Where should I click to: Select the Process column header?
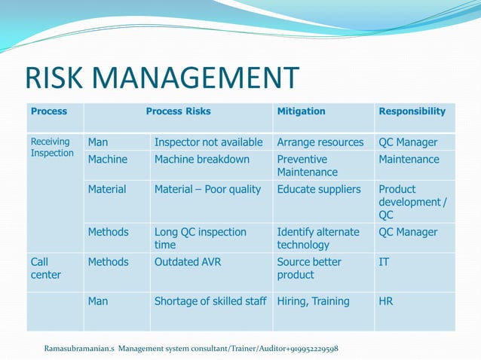tap(49, 111)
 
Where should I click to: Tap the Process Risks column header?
tap(178, 111)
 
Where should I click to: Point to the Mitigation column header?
tap(301, 111)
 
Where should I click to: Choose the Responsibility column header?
tap(412, 111)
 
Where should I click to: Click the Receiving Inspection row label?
tap(52, 148)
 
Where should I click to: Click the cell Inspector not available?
tap(209, 142)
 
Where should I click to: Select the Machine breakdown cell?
tap(201, 160)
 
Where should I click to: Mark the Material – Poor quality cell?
tap(207, 190)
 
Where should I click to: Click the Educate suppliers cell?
tap(319, 190)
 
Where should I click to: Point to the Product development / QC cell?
tap(412, 202)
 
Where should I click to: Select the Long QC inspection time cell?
tap(201, 239)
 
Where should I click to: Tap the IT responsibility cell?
tap(384, 262)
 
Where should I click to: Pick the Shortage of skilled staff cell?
tap(210, 301)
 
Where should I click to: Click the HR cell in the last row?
tap(386, 301)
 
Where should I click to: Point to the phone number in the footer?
tap(305, 349)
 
